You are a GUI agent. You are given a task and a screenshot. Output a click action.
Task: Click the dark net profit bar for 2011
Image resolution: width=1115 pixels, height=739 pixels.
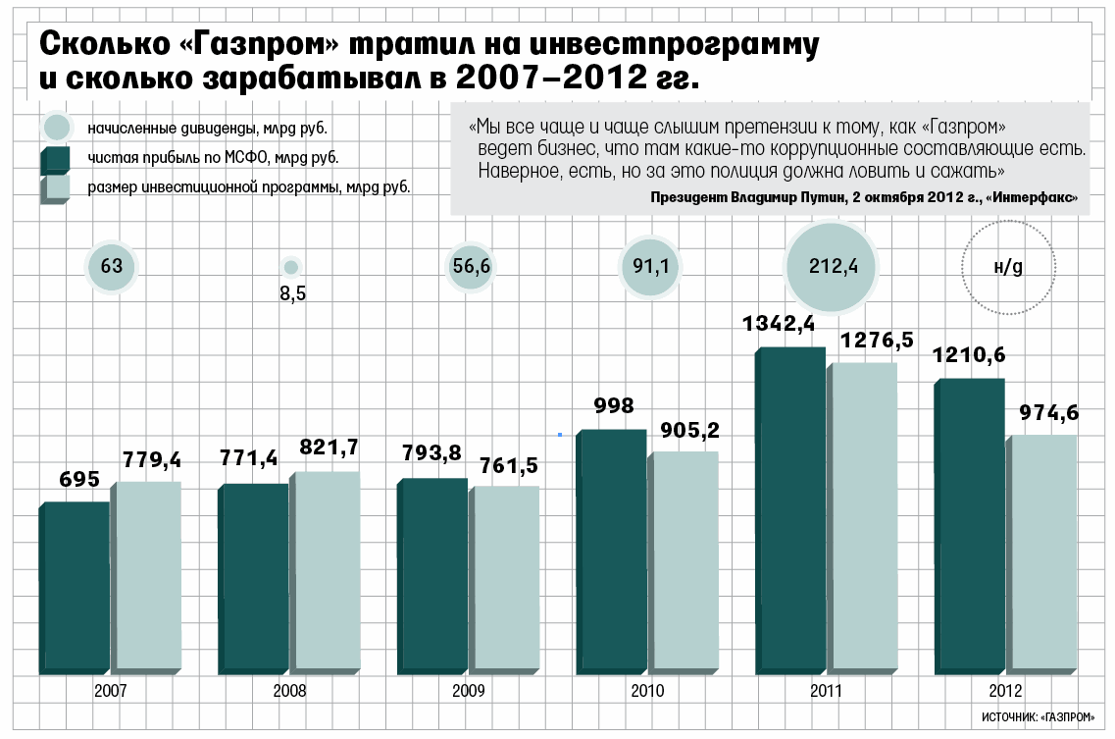point(789,510)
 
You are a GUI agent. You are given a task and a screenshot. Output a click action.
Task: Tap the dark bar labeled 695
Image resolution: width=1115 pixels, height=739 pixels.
point(75,589)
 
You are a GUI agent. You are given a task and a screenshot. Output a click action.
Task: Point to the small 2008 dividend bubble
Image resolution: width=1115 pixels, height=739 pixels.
point(290,266)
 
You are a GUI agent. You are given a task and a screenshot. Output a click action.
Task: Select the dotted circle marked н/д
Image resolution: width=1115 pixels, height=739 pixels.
point(1008,267)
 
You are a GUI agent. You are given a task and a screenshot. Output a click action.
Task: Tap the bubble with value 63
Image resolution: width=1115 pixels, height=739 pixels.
point(111,266)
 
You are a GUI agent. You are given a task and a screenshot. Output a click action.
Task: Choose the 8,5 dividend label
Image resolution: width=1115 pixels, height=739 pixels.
point(292,293)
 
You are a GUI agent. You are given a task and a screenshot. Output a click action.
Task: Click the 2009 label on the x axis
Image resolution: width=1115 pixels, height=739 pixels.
point(469,691)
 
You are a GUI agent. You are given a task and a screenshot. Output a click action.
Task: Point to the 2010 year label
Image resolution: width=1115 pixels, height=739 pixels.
point(647,691)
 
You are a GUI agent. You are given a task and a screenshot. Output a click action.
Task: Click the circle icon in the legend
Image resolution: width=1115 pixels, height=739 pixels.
point(57,128)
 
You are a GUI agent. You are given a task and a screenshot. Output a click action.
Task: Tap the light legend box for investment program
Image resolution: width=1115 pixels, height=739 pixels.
point(56,187)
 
